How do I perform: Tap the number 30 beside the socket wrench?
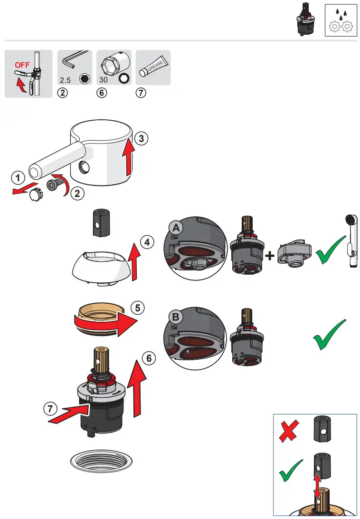coord(104,80)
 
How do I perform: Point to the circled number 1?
coord(17,179)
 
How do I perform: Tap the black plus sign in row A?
coord(270,256)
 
